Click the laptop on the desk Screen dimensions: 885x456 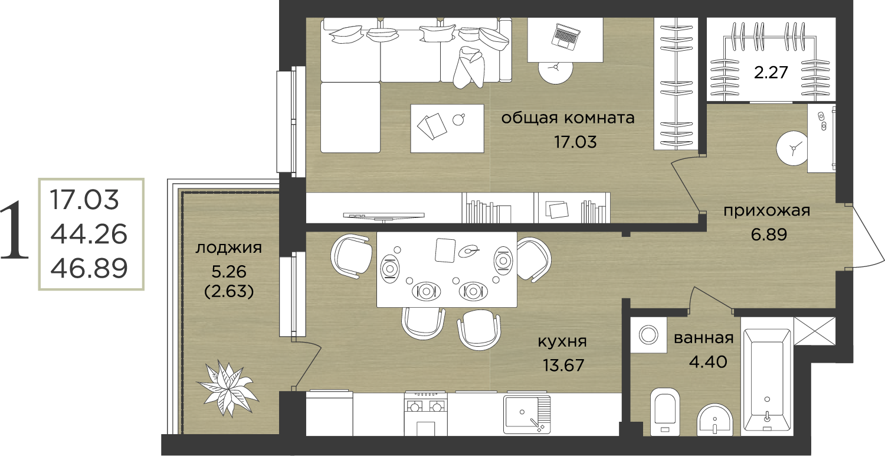566,37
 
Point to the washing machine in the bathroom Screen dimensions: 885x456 648,335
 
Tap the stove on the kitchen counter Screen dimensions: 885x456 425,413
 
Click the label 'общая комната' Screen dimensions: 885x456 568,118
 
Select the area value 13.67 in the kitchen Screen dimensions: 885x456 563,364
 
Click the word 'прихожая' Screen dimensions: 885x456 767,211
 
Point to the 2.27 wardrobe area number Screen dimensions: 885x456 771,73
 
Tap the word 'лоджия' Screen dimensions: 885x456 229,248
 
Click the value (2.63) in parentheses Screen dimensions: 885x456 229,291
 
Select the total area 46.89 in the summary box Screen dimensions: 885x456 89,268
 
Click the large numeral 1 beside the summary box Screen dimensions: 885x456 15,230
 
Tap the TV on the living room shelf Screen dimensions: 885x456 383,216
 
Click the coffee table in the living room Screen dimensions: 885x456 447,128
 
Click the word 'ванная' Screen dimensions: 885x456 704,338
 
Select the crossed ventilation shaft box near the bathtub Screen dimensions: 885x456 815,331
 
